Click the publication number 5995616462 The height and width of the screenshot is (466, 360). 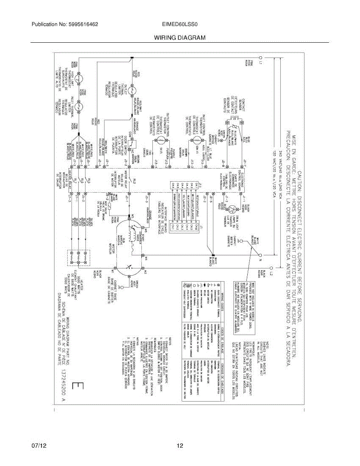point(83,24)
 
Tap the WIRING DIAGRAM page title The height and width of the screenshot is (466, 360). point(179,38)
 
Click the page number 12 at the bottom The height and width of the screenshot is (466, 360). point(179,446)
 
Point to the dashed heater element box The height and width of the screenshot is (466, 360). point(79,257)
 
